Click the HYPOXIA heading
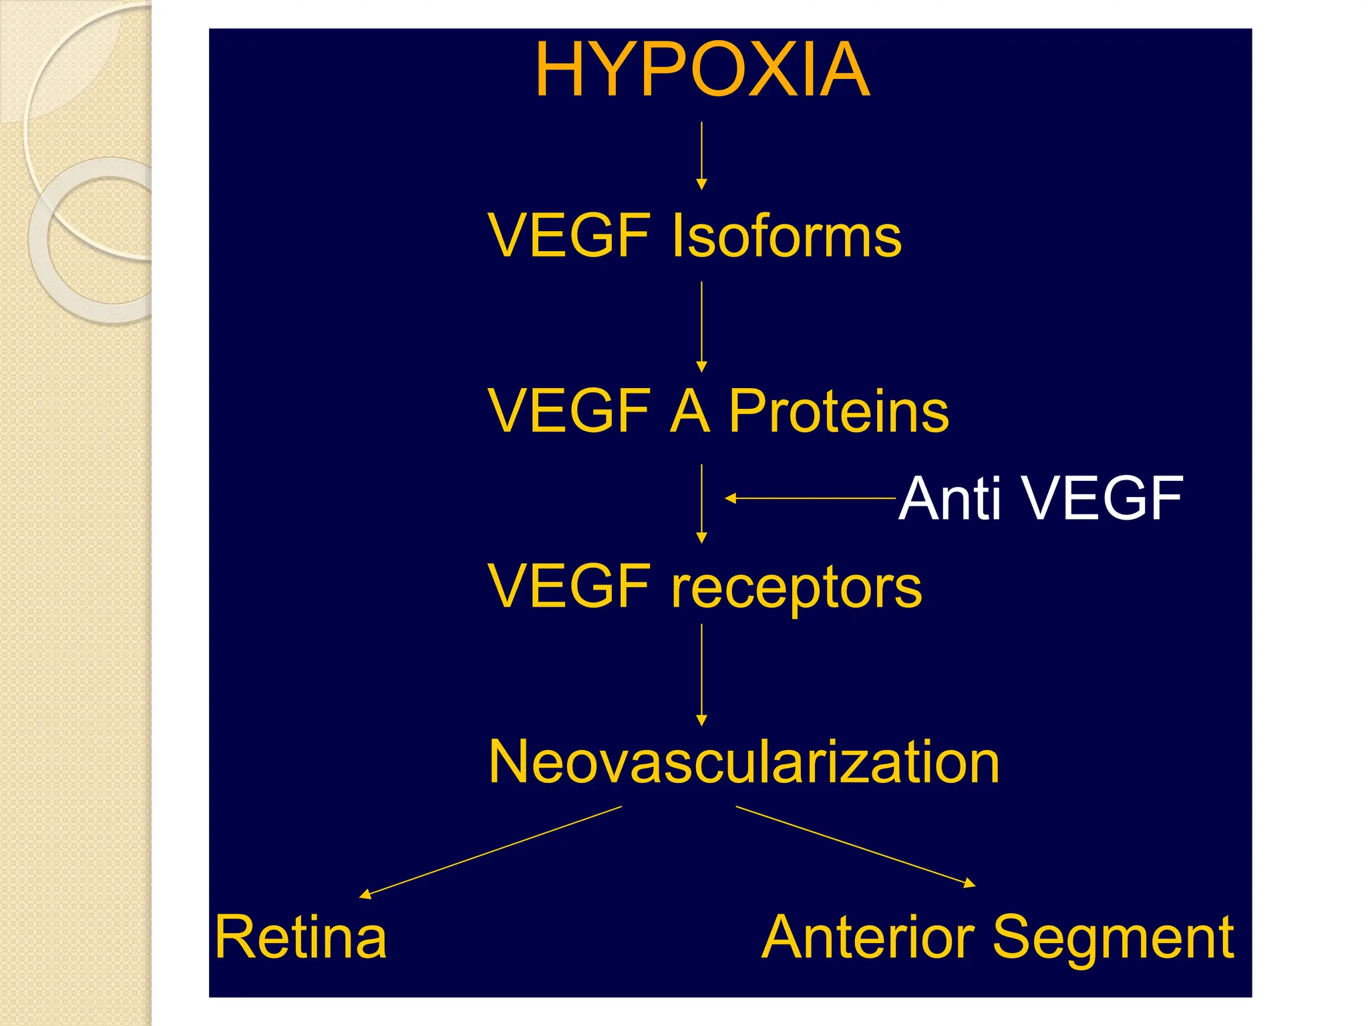coord(702,69)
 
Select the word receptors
coord(796,588)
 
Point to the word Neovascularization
coord(743,762)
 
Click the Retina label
coord(301,937)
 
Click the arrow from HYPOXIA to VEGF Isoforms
coord(701,155)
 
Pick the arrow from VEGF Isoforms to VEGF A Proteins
coord(701,326)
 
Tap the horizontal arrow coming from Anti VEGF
coord(810,498)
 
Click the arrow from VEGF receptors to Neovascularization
coord(701,675)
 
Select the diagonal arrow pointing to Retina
coord(491,852)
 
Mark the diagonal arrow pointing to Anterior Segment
coord(856,846)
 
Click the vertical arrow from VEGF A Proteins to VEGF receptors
coord(701,504)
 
